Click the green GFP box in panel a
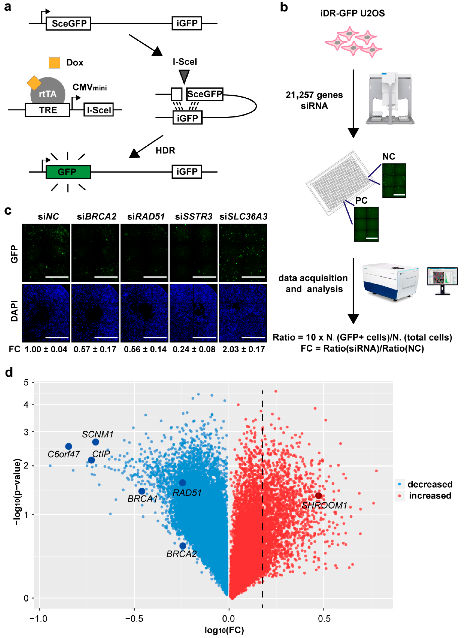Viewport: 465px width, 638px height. click(x=68, y=172)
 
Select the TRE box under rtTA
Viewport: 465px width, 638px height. click(x=47, y=110)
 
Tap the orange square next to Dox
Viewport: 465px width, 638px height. click(x=54, y=63)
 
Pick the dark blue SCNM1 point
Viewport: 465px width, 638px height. click(x=96, y=442)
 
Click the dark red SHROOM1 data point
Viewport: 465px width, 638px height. click(x=318, y=495)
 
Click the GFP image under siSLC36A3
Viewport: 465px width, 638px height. click(x=243, y=253)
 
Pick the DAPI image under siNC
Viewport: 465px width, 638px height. click(x=46, y=313)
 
